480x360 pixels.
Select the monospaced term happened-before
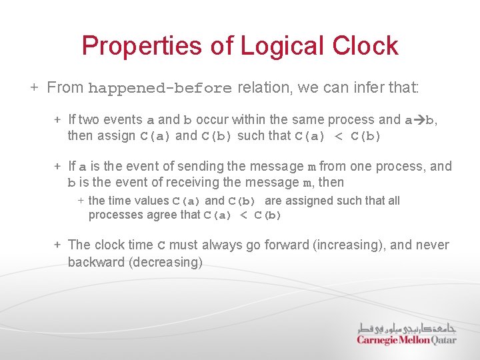tap(160, 88)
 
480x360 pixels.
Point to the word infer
tap(349, 87)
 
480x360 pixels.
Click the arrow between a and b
tap(419, 120)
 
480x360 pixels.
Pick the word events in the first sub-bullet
tap(121, 120)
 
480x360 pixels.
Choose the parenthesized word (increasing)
tap(349, 245)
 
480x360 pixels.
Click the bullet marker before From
tap(34, 87)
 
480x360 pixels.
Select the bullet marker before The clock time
tap(58, 245)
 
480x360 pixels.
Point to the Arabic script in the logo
tap(407, 327)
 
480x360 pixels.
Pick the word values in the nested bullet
tap(153, 201)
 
